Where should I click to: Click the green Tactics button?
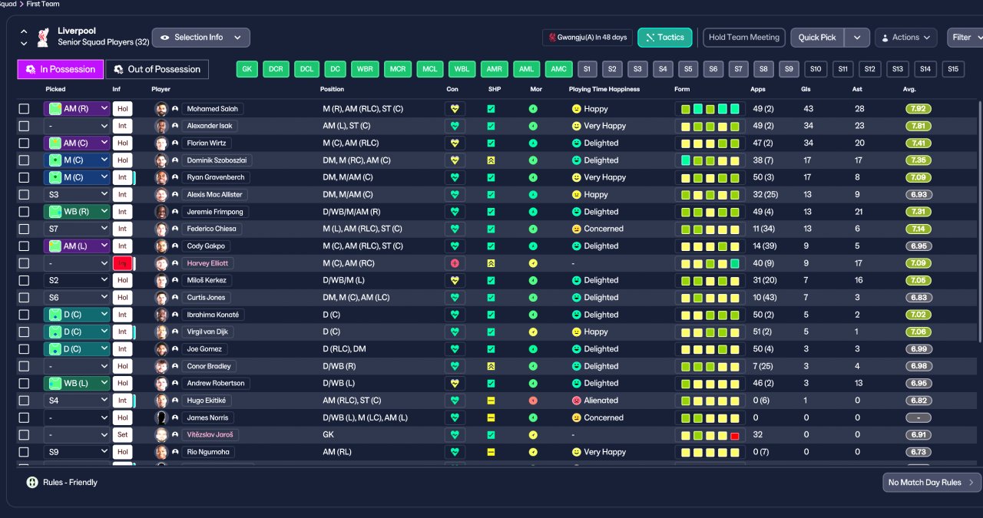[x=665, y=38]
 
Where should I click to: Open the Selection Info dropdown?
[x=201, y=38]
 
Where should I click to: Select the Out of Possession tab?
[x=157, y=69]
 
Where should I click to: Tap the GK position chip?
[x=247, y=69]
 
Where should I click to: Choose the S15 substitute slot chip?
[x=953, y=69]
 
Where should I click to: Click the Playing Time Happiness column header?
[x=604, y=89]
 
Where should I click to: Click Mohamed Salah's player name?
[x=213, y=109]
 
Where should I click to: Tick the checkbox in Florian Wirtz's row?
[x=24, y=143]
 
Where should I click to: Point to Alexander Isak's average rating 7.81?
[x=918, y=126]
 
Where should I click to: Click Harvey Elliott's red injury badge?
[x=122, y=263]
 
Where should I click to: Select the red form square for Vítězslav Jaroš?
[x=735, y=436]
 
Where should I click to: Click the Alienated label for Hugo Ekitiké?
[x=601, y=401]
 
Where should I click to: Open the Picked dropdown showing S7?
[x=76, y=229]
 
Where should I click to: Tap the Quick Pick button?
[x=816, y=38]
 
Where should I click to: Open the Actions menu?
[x=905, y=38]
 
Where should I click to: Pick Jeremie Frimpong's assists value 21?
[x=859, y=212]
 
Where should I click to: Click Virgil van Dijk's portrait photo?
[x=161, y=332]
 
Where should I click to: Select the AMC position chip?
[x=558, y=69]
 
